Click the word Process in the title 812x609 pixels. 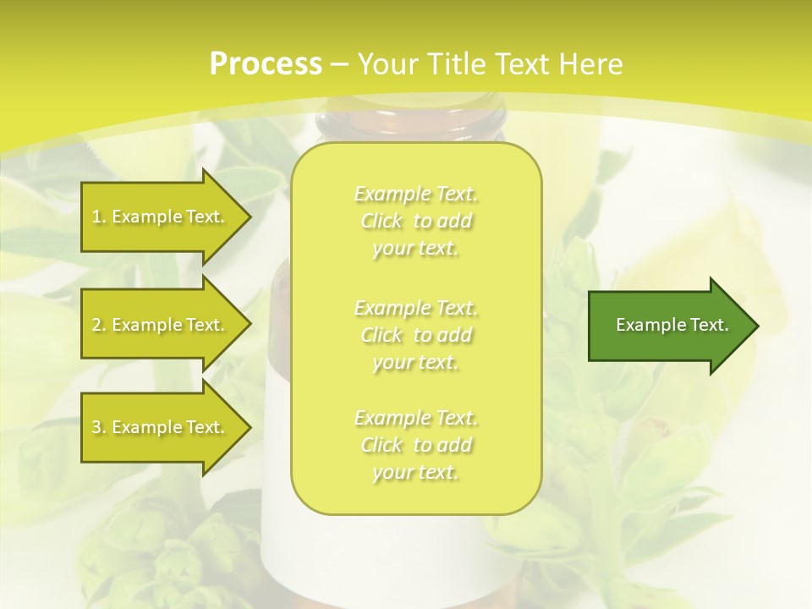tap(266, 64)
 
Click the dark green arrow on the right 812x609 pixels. tap(668, 326)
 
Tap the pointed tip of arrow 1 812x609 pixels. tap(249, 217)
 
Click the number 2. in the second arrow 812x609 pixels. tap(98, 325)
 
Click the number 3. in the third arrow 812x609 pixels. tap(98, 427)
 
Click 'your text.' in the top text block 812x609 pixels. tap(415, 249)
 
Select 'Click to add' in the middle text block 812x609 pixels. tap(415, 335)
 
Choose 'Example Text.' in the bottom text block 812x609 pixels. tap(415, 418)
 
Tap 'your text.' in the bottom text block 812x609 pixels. tap(415, 473)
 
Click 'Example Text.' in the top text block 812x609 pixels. tap(415, 195)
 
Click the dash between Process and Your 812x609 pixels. tap(339, 64)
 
